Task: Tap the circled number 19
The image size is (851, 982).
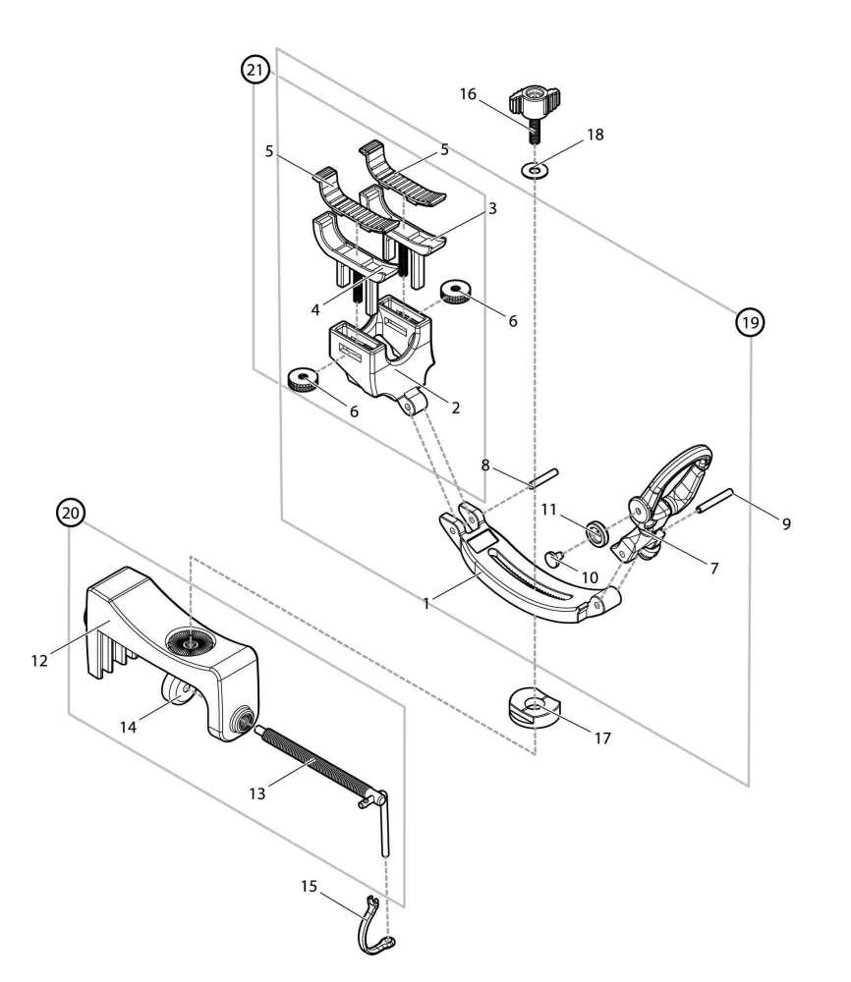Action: pyautogui.click(x=751, y=321)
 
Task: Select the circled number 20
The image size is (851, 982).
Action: pyautogui.click(x=70, y=513)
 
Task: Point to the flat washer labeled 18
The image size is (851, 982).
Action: pyautogui.click(x=535, y=172)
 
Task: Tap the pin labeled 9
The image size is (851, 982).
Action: pyautogui.click(x=714, y=503)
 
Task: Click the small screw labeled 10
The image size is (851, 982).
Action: pyautogui.click(x=553, y=559)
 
